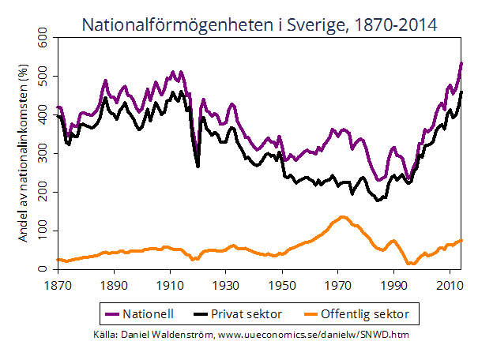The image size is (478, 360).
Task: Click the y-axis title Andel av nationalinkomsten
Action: (x=23, y=154)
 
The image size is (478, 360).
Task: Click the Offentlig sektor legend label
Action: (x=372, y=314)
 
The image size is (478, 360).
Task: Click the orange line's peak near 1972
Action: (x=343, y=216)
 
